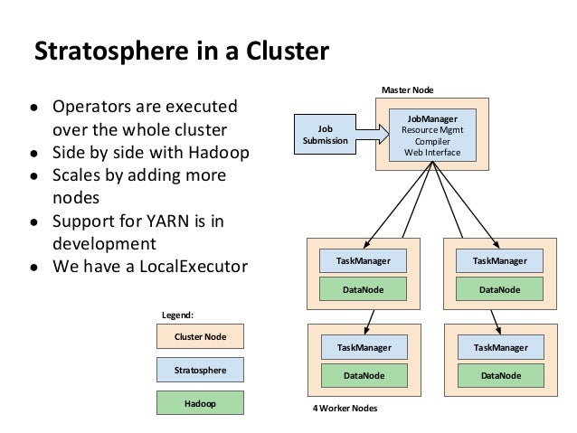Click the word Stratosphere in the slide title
tap(111, 52)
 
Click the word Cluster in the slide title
tap(288, 51)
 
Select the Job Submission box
tap(325, 135)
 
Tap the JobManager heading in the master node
tap(432, 118)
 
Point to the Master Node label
tap(407, 90)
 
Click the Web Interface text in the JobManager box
tap(432, 152)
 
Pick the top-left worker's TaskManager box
tap(363, 261)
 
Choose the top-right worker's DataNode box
tap(499, 289)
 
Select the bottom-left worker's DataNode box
tap(364, 376)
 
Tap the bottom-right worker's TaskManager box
tap(501, 347)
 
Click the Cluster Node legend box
tap(200, 336)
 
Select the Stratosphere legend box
tap(200, 370)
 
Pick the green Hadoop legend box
tap(200, 403)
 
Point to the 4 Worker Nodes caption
tap(345, 409)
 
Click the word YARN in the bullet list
tap(168, 221)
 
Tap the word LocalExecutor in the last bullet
tap(194, 267)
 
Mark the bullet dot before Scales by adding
tap(34, 176)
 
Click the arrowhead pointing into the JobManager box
tap(383, 134)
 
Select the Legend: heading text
tap(178, 315)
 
